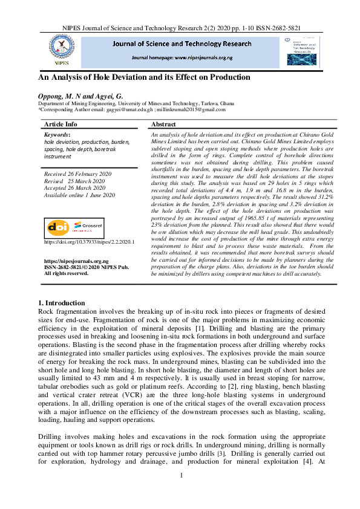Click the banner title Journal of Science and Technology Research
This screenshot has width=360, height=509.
pyautogui.click(x=182, y=44)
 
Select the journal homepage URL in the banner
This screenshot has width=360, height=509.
pyautogui.click(x=182, y=57)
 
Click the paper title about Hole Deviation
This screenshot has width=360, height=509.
pyautogui.click(x=144, y=77)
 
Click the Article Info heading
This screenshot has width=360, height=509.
pyautogui.click(x=61, y=123)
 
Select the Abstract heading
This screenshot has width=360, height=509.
pyautogui.click(x=163, y=123)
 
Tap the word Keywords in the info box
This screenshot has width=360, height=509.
pyautogui.click(x=57, y=135)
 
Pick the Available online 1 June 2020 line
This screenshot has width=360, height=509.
pyautogui.click(x=80, y=195)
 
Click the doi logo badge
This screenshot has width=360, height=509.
pyautogui.click(x=59, y=227)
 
